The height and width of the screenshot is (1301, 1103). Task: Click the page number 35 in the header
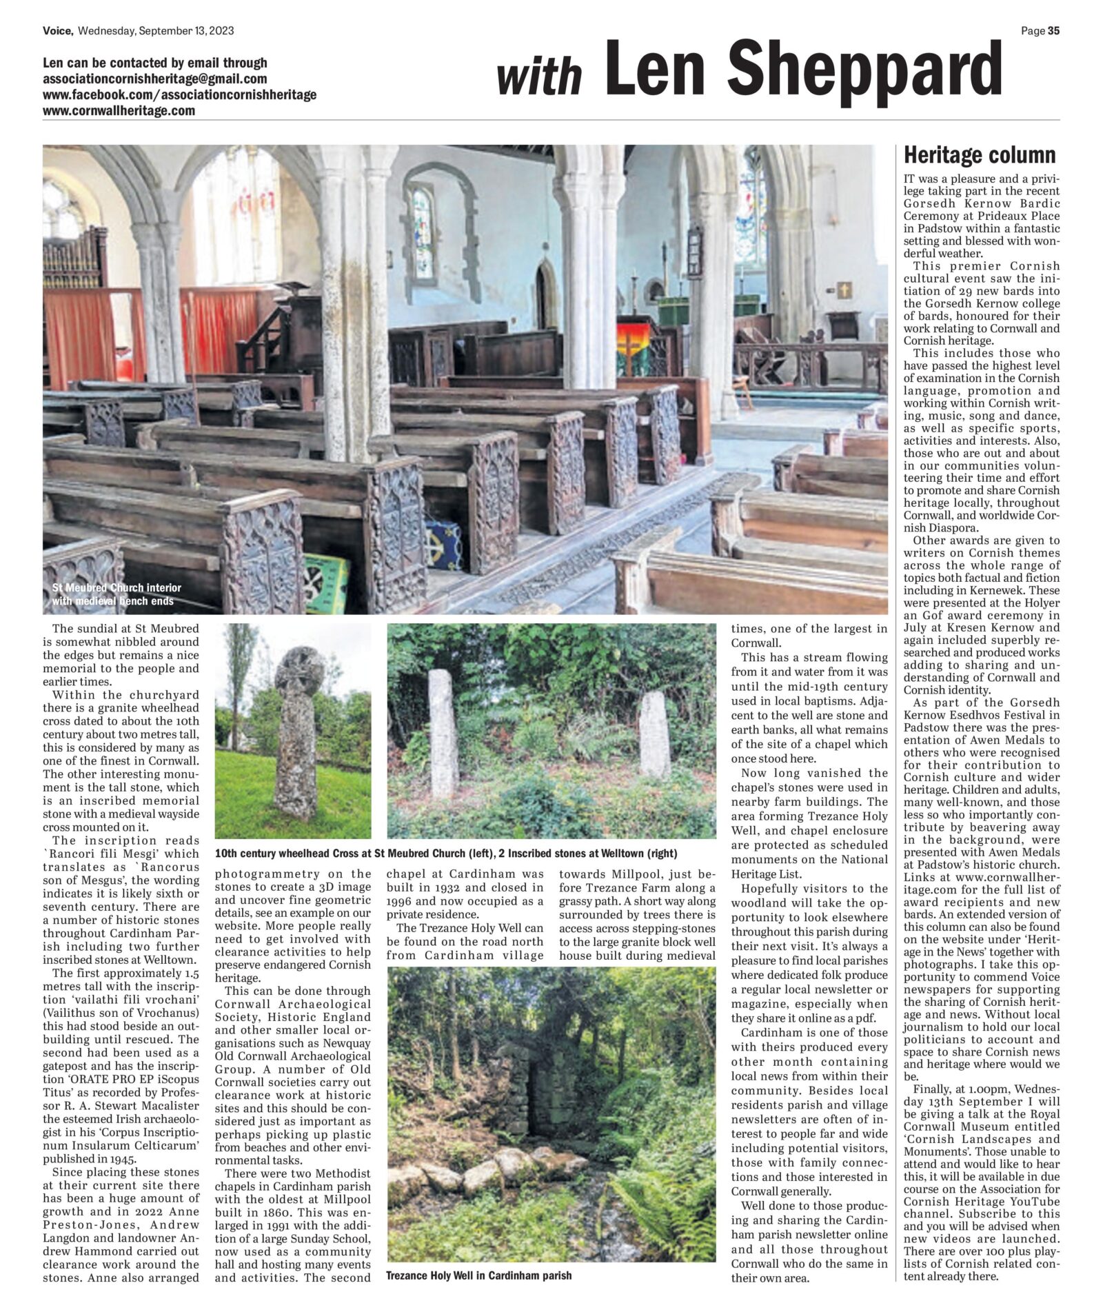pos(1053,30)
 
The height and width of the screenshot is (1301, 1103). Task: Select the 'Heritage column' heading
pos(979,155)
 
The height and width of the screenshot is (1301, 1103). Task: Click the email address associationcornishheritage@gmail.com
pos(154,79)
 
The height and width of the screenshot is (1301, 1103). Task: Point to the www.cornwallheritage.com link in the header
pos(119,110)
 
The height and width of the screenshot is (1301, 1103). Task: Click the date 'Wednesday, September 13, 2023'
pos(156,30)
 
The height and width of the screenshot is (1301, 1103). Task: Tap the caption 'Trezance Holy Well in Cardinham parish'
pos(478,1275)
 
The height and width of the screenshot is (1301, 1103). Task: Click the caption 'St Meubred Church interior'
pos(117,588)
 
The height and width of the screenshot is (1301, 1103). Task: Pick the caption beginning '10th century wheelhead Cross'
pos(446,853)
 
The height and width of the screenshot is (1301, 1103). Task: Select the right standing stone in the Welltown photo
pos(654,734)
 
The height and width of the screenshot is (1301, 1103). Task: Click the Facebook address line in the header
pos(179,94)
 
